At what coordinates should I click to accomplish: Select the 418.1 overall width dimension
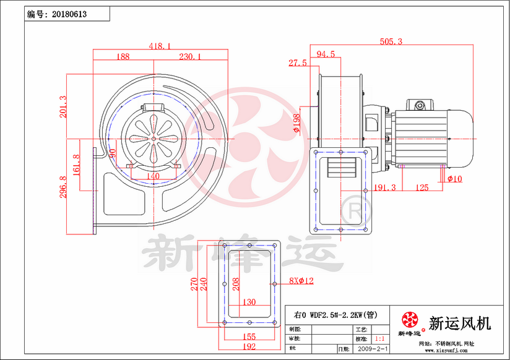click(160, 46)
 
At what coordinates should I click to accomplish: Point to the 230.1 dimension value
click(191, 56)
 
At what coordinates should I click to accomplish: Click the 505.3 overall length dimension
click(391, 41)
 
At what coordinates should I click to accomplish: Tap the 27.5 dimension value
click(297, 63)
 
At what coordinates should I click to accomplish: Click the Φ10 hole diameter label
click(454, 179)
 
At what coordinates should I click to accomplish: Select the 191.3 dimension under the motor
click(385, 188)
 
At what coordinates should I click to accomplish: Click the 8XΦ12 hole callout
click(301, 281)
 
